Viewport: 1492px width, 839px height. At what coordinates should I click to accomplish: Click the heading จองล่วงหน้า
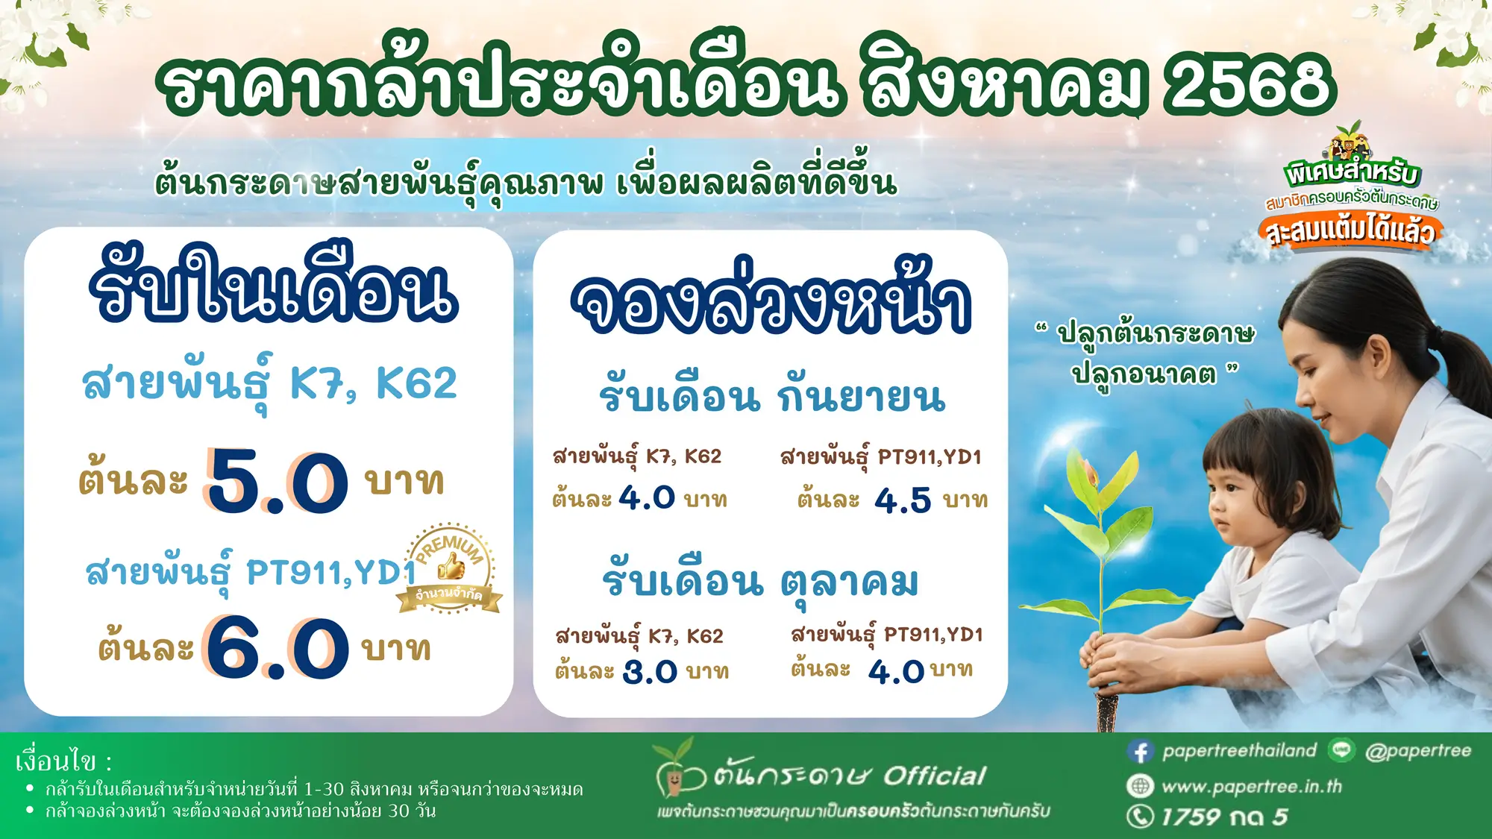771,302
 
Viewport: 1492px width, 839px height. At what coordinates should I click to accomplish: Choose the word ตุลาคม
850,582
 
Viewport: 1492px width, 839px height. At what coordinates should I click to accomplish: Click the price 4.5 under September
903,500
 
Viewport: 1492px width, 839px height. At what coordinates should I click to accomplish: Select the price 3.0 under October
650,672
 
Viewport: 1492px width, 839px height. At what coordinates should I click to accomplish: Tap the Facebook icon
1140,751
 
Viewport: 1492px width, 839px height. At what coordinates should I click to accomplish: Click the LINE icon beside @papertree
1341,750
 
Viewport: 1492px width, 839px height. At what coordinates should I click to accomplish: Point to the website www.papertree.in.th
1251,787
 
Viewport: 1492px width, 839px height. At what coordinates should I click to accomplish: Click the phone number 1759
1191,817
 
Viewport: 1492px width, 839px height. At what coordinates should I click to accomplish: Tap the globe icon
1140,786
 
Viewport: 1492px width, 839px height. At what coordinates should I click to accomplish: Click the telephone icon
1140,817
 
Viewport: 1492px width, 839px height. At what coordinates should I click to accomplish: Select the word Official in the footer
934,776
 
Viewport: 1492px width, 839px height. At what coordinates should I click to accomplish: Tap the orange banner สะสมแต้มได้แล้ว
1350,231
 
